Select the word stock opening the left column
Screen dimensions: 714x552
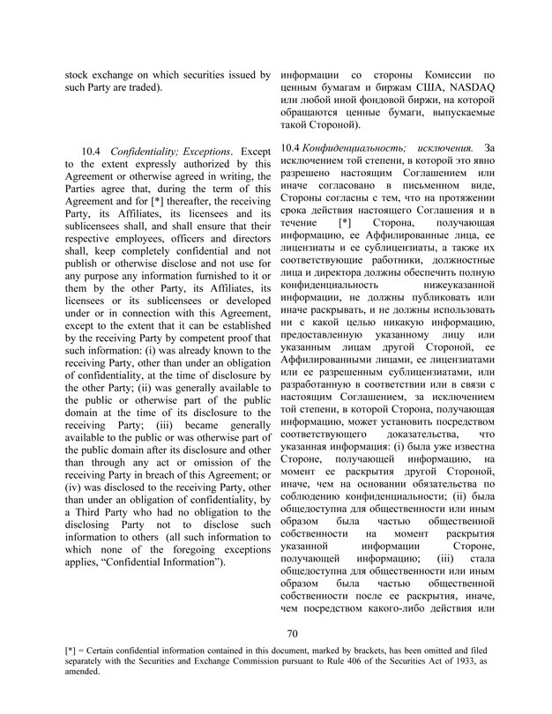pos(81,75)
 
